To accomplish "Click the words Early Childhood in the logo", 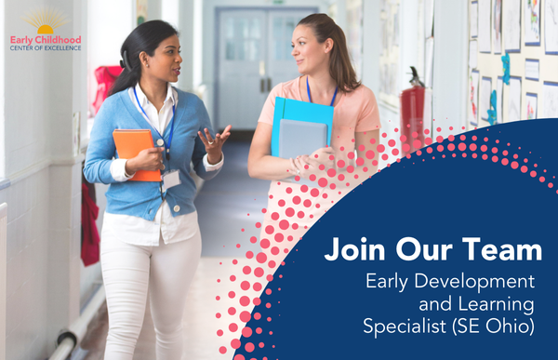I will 46,40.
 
